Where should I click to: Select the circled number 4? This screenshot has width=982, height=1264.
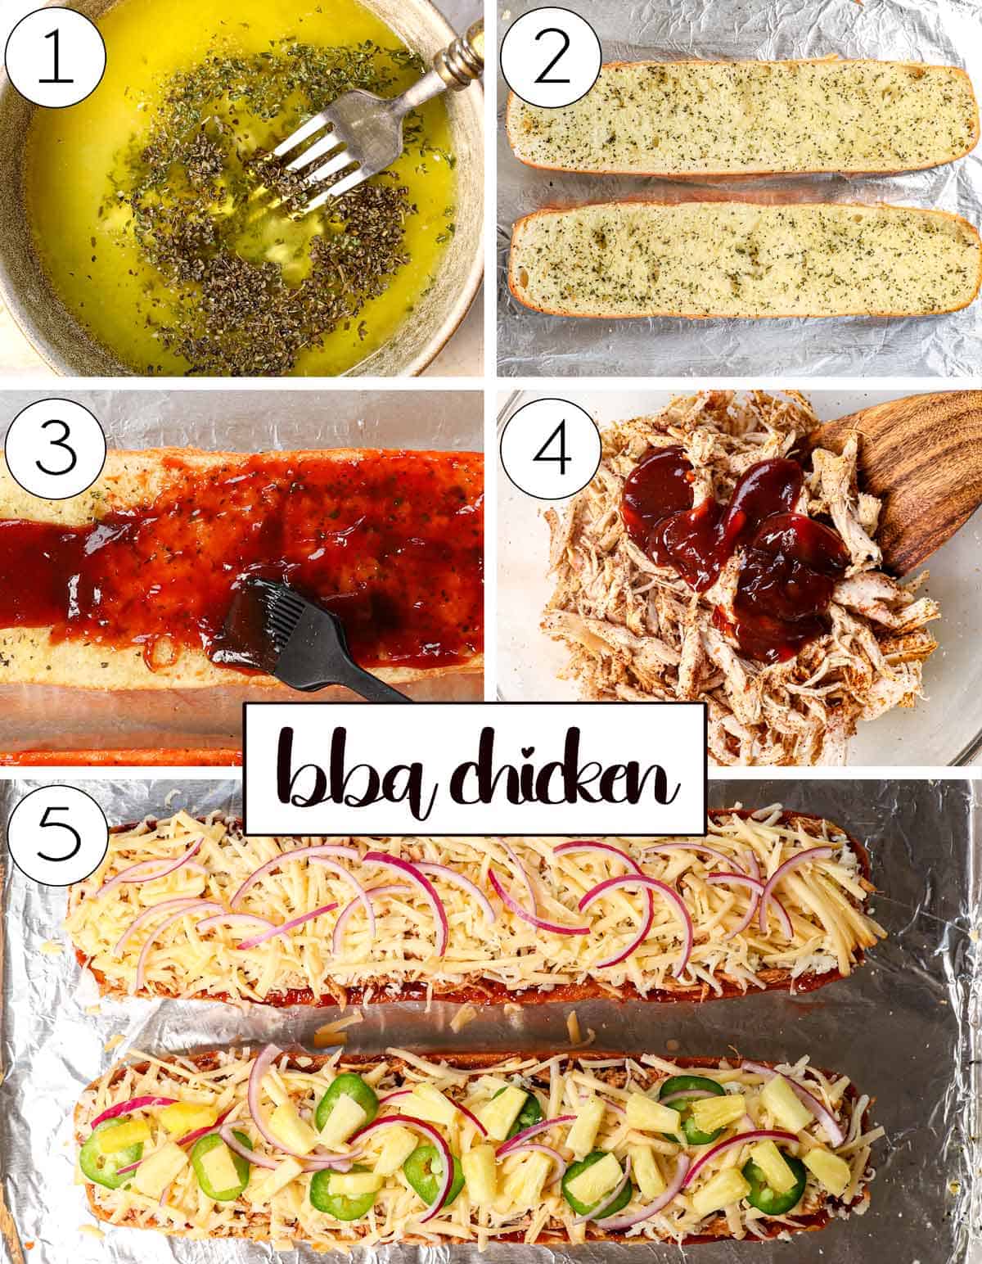[x=551, y=453]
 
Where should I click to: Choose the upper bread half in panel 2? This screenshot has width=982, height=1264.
[x=741, y=119]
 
